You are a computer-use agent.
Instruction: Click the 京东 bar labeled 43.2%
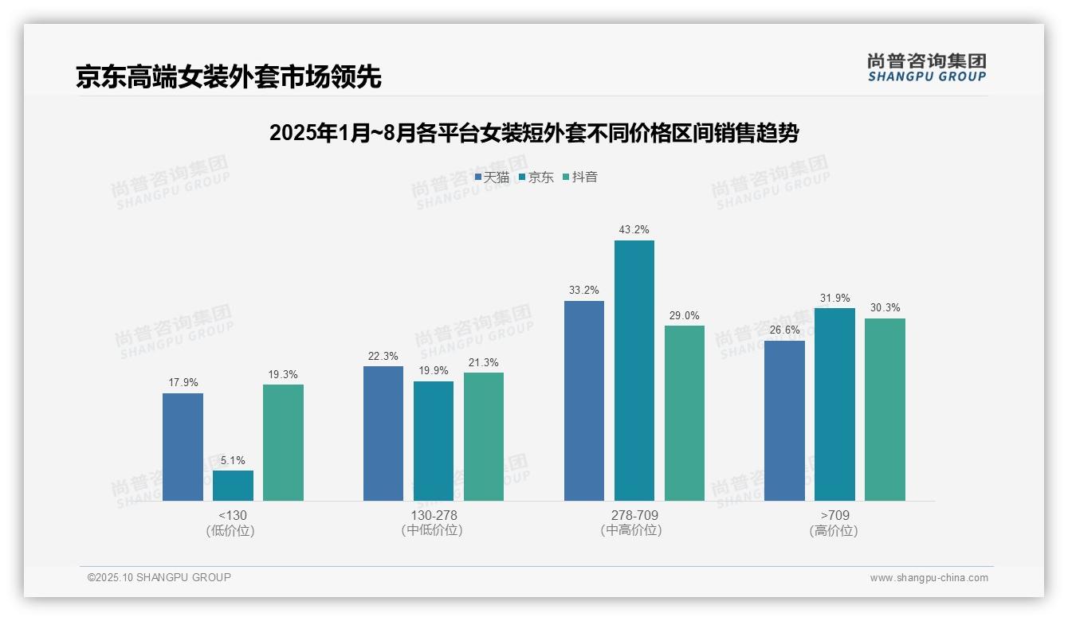(634, 370)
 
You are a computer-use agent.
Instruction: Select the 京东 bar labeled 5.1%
(233, 486)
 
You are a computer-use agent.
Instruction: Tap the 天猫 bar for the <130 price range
(183, 447)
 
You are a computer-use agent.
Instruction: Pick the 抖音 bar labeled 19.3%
(283, 443)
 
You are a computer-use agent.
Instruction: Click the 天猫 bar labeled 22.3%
(383, 433)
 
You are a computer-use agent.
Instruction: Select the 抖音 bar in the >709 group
(885, 409)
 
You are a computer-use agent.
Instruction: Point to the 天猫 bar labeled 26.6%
(784, 420)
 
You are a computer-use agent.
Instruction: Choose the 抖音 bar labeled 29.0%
(684, 413)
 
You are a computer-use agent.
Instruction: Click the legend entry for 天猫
(492, 178)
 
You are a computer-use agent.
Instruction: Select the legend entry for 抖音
(580, 178)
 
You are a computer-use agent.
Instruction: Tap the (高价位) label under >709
(834, 531)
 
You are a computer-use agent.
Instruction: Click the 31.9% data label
(834, 299)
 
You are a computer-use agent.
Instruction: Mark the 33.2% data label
(583, 291)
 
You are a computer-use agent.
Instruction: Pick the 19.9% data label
(433, 371)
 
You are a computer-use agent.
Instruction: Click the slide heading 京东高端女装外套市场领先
(229, 77)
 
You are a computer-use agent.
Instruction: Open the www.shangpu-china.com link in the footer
(929, 578)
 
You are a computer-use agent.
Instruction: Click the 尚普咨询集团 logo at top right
(926, 67)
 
